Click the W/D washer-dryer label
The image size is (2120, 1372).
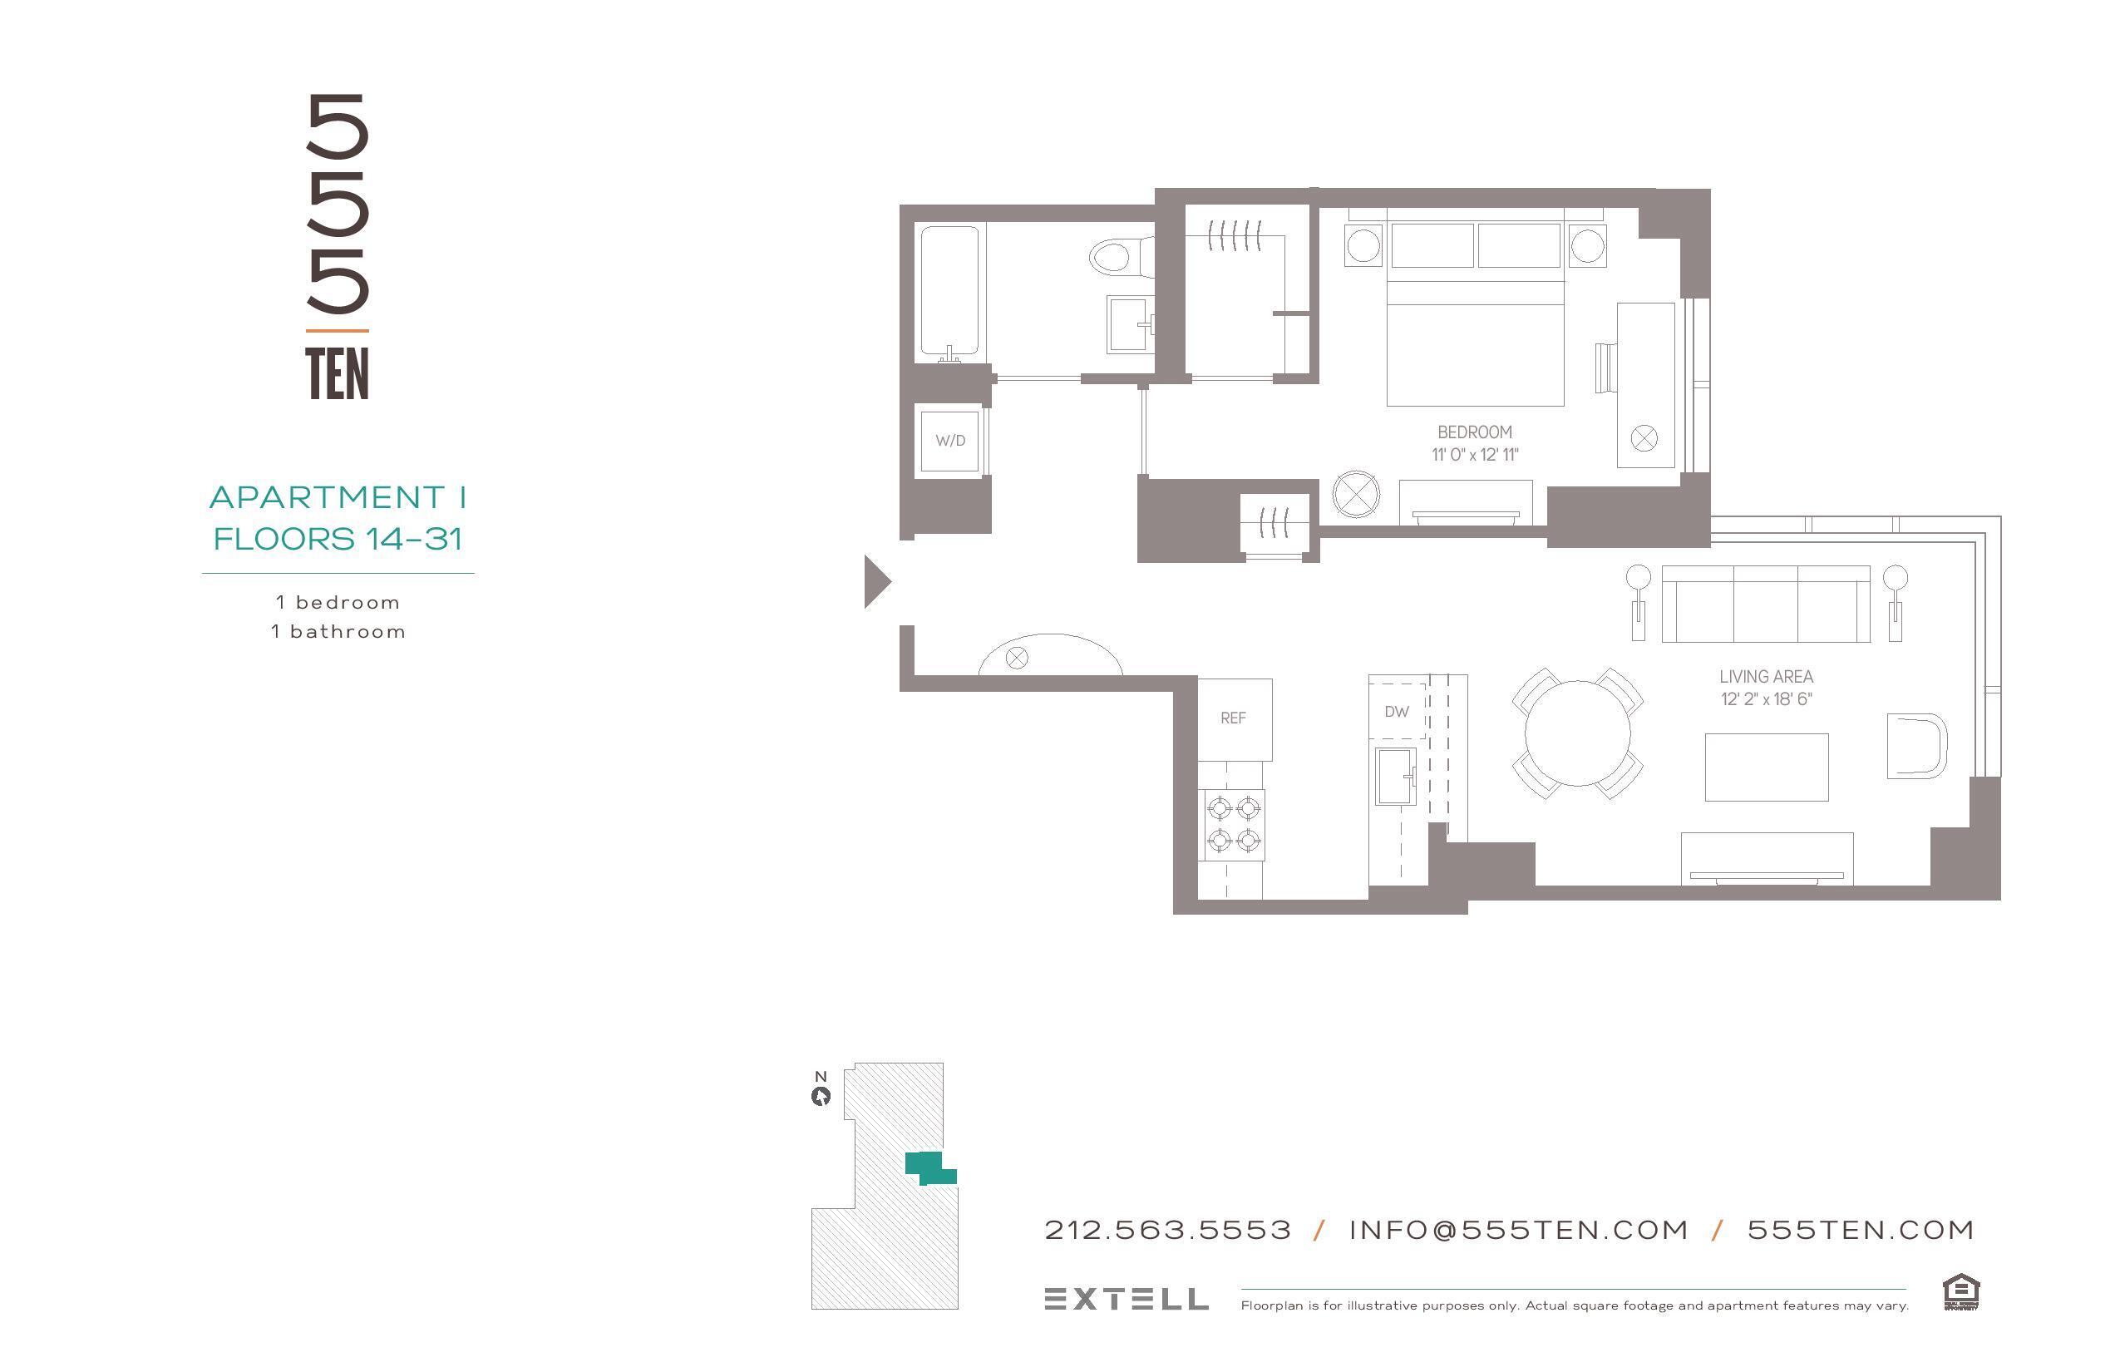pyautogui.click(x=949, y=440)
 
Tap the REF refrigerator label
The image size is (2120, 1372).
pyautogui.click(x=1233, y=718)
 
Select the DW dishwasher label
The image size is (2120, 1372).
pyautogui.click(x=1396, y=712)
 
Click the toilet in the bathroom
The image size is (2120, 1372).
pyautogui.click(x=1115, y=259)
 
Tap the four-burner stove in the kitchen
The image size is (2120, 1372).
pyautogui.click(x=1234, y=824)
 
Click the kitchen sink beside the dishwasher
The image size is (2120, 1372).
pyautogui.click(x=1396, y=776)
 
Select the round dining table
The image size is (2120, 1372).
pyautogui.click(x=1578, y=733)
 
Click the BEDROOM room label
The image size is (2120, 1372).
pyautogui.click(x=1474, y=432)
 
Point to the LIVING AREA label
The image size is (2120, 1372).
pyautogui.click(x=1766, y=677)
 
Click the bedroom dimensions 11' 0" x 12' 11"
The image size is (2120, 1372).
pyautogui.click(x=1474, y=454)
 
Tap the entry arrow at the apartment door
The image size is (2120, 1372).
pyautogui.click(x=876, y=582)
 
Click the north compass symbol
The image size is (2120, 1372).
pyautogui.click(x=821, y=1097)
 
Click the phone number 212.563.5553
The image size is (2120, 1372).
pyautogui.click(x=1167, y=1231)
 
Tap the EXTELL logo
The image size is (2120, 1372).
pyautogui.click(x=1126, y=1299)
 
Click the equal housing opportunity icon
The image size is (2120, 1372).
pyautogui.click(x=1960, y=1292)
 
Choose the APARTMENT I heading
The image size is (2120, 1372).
pyautogui.click(x=338, y=497)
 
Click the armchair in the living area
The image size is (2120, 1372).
pyautogui.click(x=1916, y=746)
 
